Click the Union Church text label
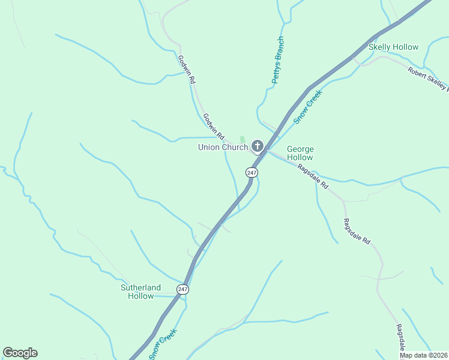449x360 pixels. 223,148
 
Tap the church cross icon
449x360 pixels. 258,146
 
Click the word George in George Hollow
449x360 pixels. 300,149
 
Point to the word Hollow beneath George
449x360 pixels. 300,157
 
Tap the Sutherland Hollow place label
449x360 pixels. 141,292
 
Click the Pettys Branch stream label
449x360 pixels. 277,61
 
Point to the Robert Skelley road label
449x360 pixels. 428,79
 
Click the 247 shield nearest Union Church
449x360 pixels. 252,172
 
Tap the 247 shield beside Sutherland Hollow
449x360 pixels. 183,289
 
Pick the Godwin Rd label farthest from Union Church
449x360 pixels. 187,70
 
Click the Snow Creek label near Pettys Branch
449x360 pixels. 308,107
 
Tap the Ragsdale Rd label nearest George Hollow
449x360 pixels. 313,178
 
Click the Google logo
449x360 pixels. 20,353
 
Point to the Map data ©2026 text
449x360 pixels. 424,355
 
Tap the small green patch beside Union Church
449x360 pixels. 243,140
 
